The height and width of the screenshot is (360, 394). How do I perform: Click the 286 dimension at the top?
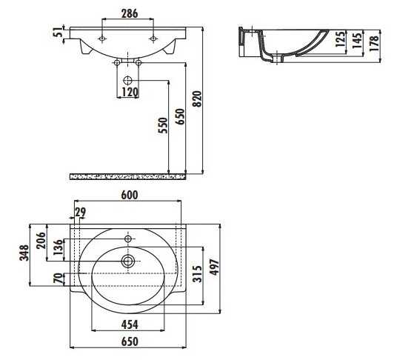130,13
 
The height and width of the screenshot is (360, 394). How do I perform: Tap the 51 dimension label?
59,32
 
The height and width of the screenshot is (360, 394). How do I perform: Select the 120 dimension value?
130,93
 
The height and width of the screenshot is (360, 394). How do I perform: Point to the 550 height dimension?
163,125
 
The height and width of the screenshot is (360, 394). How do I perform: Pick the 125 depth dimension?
341,39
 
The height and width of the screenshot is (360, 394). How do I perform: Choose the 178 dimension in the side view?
374,43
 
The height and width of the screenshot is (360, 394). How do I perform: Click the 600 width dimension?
130,195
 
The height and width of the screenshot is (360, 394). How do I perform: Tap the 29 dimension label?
81,212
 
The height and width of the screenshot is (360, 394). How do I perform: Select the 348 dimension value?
24,253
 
